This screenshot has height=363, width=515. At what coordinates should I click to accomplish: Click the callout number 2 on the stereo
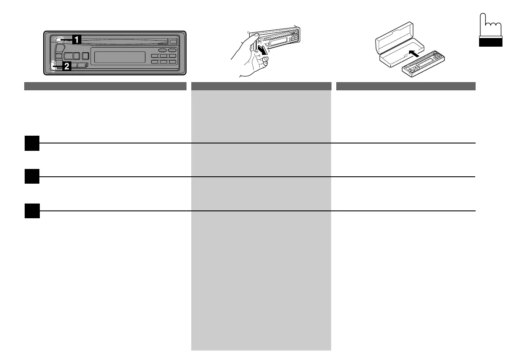point(67,66)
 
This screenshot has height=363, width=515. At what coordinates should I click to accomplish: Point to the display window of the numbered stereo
point(119,57)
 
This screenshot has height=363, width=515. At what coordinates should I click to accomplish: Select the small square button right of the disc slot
point(173,41)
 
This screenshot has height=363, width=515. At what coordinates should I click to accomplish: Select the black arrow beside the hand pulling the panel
point(262,50)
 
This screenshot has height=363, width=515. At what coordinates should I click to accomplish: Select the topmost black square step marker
point(32,143)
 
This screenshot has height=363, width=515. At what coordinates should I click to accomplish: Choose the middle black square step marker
point(32,177)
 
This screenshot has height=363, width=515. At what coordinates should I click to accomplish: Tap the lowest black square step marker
point(32,211)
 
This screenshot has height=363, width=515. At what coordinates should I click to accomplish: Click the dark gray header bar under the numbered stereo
point(105,86)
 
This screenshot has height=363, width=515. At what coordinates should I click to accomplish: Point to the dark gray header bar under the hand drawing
point(261,86)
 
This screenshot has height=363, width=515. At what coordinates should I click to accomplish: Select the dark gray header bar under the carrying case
point(406,86)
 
